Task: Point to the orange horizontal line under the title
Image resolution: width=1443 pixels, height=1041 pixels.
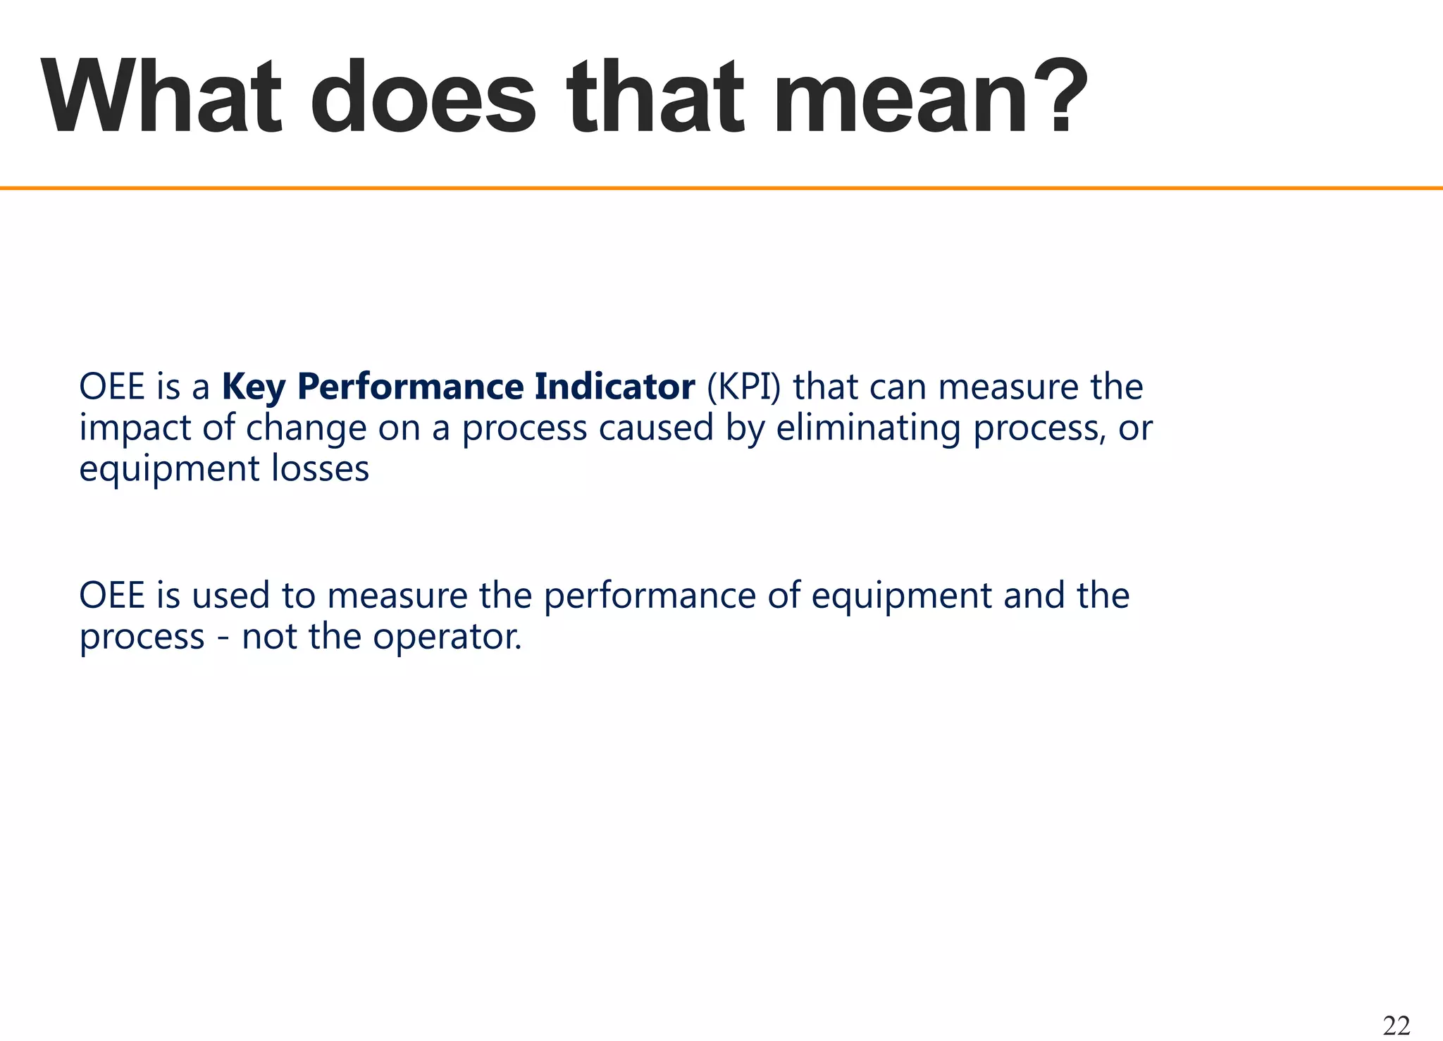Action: [x=721, y=188]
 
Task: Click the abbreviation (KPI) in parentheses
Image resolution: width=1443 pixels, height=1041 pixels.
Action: [x=743, y=387]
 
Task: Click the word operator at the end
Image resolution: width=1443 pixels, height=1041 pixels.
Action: [x=447, y=637]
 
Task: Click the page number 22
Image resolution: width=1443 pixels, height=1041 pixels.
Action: [x=1396, y=1026]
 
